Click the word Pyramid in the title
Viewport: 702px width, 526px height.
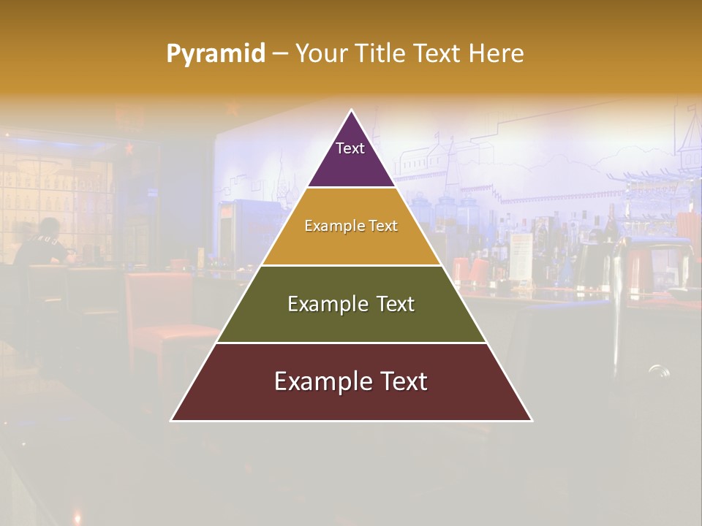[x=215, y=54]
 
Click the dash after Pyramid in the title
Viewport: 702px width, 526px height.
[x=280, y=54]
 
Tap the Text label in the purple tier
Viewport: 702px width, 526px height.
[x=350, y=148]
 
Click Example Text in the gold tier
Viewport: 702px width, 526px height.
[x=351, y=226]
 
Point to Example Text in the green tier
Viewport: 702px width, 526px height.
[x=351, y=304]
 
